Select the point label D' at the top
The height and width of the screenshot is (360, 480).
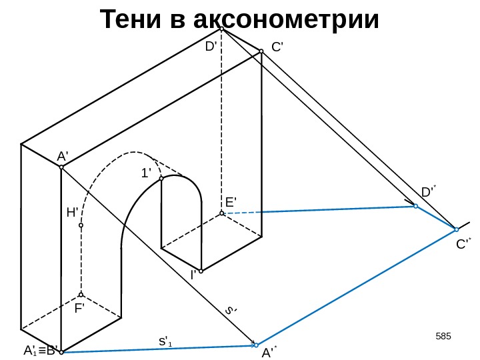(x=211, y=47)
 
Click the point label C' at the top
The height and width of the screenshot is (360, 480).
(x=277, y=47)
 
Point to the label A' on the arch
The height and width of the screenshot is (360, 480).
(x=63, y=156)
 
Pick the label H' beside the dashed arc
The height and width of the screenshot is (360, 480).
(x=72, y=213)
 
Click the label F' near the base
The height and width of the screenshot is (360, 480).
(x=80, y=309)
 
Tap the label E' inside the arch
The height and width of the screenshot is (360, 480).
(x=231, y=201)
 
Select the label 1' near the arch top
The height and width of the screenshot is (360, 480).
(x=146, y=173)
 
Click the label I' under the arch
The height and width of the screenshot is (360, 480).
(x=193, y=274)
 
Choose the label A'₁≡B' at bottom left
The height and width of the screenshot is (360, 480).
(x=39, y=350)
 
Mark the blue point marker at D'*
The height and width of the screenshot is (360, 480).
(x=415, y=207)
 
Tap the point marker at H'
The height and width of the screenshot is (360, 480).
(x=81, y=225)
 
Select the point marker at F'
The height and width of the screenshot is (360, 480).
(x=81, y=295)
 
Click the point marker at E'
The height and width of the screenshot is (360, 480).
(x=221, y=213)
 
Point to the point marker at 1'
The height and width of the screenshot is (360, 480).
(x=161, y=178)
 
